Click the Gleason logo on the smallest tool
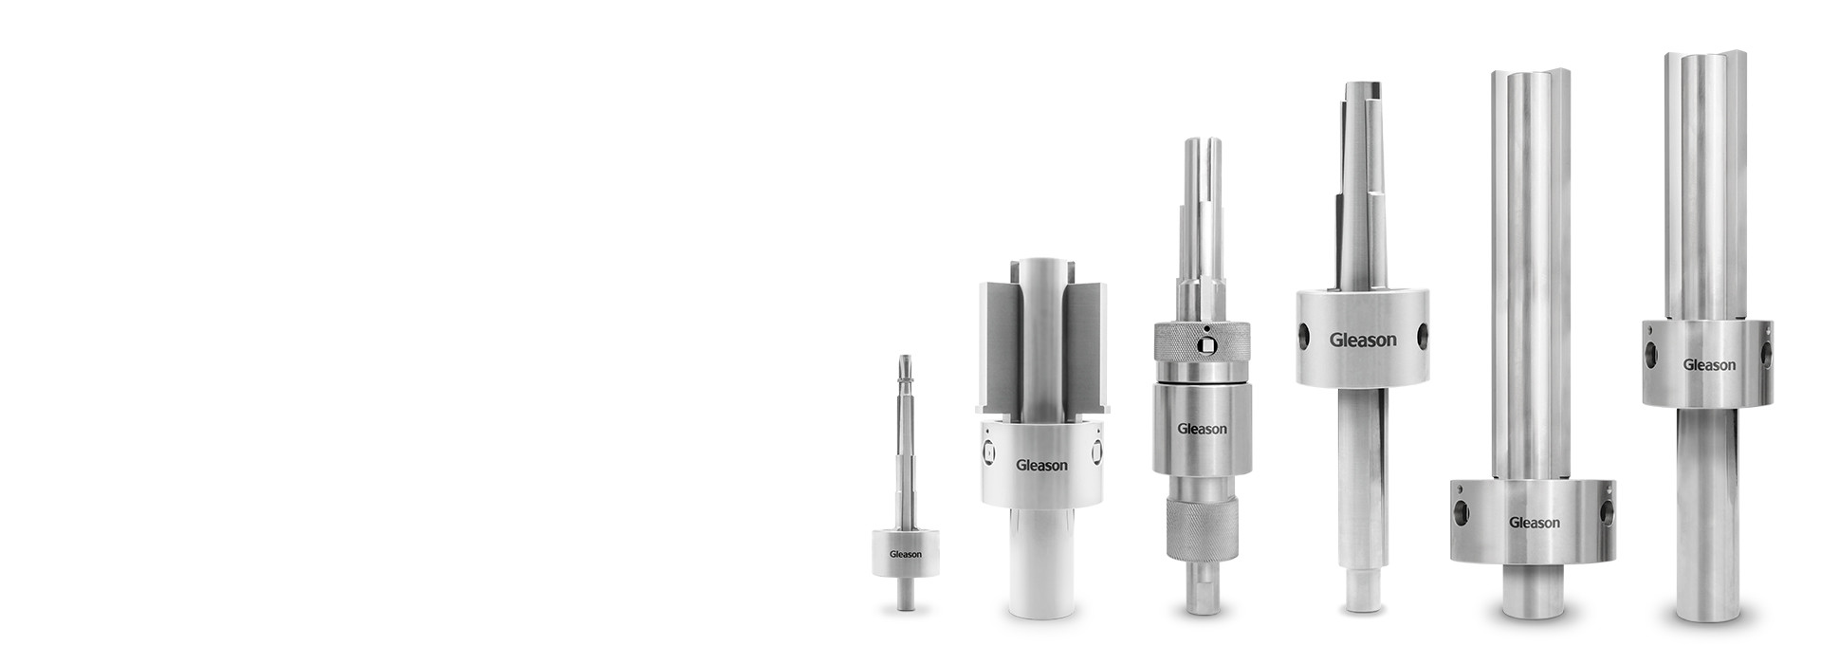[x=905, y=555]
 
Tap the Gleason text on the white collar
[x=1041, y=465]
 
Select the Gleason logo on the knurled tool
[x=1202, y=429]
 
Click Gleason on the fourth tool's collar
[x=1363, y=340]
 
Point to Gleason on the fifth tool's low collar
[x=1534, y=523]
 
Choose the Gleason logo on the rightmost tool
[x=1709, y=365]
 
